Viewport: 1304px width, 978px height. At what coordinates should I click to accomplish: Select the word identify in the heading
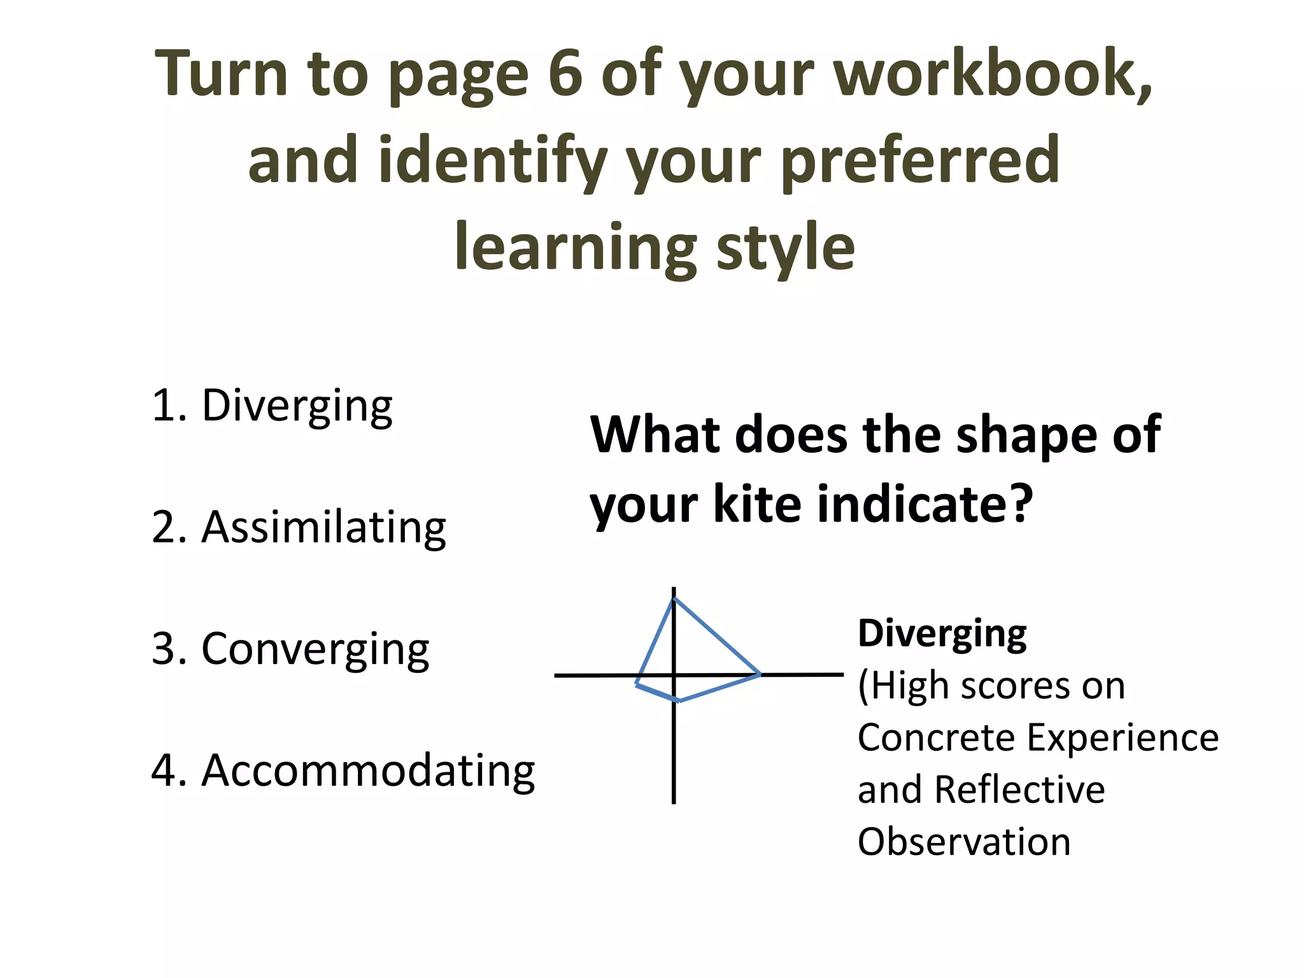coord(492,160)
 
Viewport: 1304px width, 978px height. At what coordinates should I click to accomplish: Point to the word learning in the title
coord(576,247)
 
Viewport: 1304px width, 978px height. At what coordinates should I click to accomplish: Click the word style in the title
coord(786,247)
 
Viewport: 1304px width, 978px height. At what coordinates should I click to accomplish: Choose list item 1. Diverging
coord(273,406)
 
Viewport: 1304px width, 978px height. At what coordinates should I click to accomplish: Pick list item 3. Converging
coord(291,649)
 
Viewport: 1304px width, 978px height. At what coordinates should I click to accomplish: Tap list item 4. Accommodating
coord(344,770)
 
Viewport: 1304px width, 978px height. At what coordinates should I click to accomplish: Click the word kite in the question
coord(755,504)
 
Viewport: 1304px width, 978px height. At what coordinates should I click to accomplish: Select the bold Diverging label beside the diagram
coord(942,634)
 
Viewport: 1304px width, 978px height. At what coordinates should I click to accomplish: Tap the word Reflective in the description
coord(1019,790)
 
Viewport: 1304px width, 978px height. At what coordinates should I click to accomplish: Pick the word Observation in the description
coord(964,842)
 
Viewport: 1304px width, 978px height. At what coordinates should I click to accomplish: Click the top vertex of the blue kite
coord(674,599)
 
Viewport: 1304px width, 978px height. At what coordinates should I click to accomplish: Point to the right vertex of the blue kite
coord(759,674)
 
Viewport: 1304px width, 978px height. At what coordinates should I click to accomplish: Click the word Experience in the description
coord(1123,739)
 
